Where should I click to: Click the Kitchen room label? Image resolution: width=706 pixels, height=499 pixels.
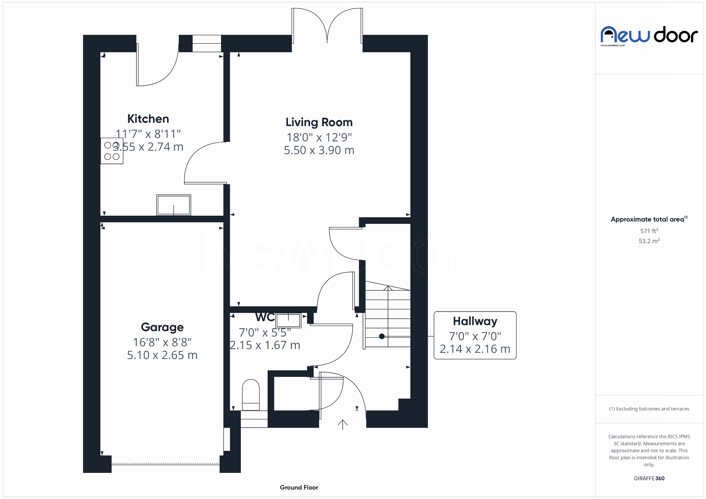click(148, 119)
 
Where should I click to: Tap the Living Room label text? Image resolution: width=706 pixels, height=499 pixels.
click(319, 122)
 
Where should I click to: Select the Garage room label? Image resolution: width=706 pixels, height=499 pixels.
click(162, 327)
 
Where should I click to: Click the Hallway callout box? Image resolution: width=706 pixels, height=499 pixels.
click(475, 335)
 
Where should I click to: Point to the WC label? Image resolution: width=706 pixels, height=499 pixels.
click(265, 317)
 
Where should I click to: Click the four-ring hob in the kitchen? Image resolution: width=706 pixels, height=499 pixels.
click(112, 151)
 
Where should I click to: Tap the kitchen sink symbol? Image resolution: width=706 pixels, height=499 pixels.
click(174, 205)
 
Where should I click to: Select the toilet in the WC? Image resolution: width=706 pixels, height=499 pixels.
click(251, 395)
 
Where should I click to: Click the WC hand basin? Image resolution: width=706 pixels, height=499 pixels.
click(289, 320)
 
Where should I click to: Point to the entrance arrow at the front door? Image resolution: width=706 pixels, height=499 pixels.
click(342, 425)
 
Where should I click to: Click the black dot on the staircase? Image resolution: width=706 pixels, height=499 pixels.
click(382, 336)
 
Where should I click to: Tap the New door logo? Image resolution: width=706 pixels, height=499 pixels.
click(649, 36)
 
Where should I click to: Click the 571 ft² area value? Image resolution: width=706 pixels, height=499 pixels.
click(649, 231)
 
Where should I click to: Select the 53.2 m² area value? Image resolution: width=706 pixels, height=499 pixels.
click(649, 241)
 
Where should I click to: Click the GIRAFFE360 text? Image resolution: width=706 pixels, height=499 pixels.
click(649, 478)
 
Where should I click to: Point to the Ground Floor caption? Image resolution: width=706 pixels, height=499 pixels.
click(299, 487)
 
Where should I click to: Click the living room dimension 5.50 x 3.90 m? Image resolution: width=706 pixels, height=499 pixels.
click(319, 150)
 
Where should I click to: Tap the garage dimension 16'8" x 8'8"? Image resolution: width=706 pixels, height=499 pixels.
click(162, 342)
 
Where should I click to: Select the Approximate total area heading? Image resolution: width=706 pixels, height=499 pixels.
click(648, 219)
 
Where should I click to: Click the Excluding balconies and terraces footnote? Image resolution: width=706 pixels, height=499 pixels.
click(649, 409)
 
